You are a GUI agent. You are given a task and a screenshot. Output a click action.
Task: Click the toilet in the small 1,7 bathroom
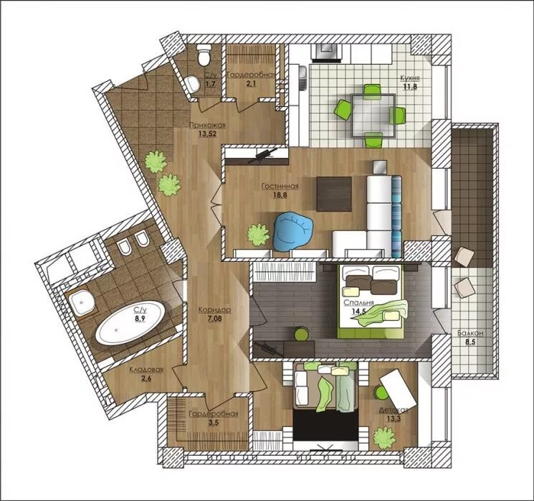coord(205,55)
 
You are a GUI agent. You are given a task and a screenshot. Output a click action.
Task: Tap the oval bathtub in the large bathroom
coord(130,322)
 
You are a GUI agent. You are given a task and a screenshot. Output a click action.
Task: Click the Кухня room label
coord(410,78)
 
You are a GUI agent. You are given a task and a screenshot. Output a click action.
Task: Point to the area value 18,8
coord(280,195)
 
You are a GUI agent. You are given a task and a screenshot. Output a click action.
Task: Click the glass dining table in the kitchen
coord(373,116)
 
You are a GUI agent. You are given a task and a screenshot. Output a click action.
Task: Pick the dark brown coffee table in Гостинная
coord(334,194)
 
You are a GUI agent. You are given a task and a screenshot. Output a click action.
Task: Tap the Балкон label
coord(470,333)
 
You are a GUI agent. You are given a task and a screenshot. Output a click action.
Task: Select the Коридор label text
coord(214,310)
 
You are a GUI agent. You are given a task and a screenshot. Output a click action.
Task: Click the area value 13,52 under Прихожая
coord(207,134)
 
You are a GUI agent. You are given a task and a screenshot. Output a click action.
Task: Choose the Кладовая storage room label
coord(146,370)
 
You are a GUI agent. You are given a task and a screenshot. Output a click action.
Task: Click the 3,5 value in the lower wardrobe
coord(213,423)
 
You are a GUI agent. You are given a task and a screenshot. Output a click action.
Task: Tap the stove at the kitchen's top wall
coord(327,52)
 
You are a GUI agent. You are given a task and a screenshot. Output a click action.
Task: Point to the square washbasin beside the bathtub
coord(82,302)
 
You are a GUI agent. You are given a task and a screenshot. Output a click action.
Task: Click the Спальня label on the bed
coord(358,303)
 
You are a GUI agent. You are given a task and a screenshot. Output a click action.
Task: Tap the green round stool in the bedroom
coord(301,334)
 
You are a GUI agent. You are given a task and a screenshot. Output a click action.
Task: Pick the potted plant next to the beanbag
coord(259,235)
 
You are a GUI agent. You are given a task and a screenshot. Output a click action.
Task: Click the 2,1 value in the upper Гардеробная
coord(251,83)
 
